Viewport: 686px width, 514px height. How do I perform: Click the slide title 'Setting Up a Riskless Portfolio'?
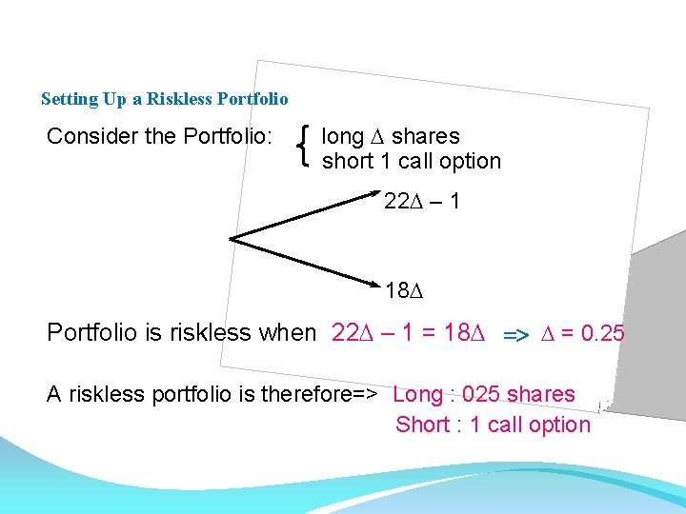click(x=164, y=99)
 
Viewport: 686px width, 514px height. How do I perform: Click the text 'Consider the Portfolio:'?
click(x=160, y=137)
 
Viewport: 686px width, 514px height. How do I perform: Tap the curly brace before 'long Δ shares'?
click(x=303, y=148)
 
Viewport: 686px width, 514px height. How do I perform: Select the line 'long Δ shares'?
click(x=391, y=137)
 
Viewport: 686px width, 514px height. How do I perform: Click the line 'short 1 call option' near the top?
click(x=412, y=162)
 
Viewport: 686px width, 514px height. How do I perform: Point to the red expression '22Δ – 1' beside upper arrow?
click(x=421, y=202)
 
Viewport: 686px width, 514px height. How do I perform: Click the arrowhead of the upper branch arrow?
click(x=373, y=197)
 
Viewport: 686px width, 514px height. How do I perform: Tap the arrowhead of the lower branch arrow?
click(x=373, y=284)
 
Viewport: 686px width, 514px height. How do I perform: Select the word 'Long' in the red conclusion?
click(x=416, y=394)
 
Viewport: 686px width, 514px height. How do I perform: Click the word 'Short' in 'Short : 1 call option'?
click(x=421, y=425)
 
